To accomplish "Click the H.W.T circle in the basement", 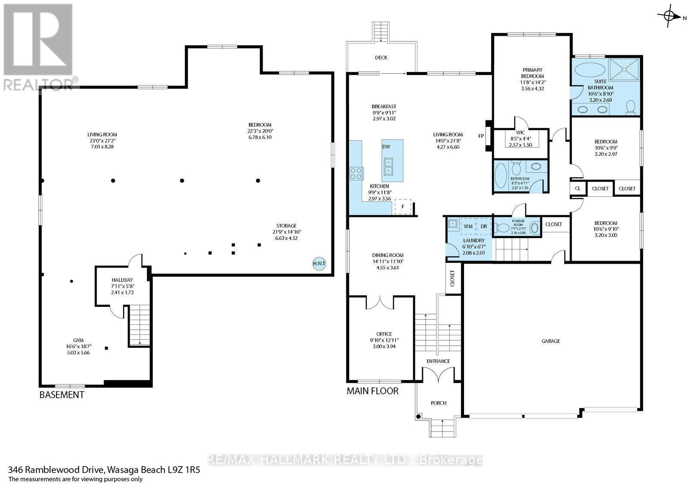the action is pyautogui.click(x=319, y=264).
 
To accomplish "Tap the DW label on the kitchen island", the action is pyautogui.click(x=386, y=147).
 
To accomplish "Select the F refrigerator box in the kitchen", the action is pyautogui.click(x=403, y=207).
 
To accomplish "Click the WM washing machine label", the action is pyautogui.click(x=468, y=226).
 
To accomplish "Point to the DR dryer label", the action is pyautogui.click(x=484, y=226).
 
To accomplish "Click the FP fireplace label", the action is pyautogui.click(x=481, y=136).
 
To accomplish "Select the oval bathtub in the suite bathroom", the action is pyautogui.click(x=590, y=69).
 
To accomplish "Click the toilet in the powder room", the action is pyautogui.click(x=502, y=228).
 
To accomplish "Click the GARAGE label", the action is pyautogui.click(x=551, y=341).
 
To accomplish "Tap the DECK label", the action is pyautogui.click(x=381, y=58).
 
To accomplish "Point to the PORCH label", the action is pyautogui.click(x=438, y=403).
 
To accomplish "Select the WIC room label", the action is pyautogui.click(x=520, y=132).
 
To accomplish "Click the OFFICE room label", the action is pyautogui.click(x=384, y=334).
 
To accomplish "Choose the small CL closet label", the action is pyautogui.click(x=577, y=189).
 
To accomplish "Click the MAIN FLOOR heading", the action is pyautogui.click(x=373, y=391).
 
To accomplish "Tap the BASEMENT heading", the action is pyautogui.click(x=62, y=395).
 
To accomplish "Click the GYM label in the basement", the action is pyautogui.click(x=78, y=340).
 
